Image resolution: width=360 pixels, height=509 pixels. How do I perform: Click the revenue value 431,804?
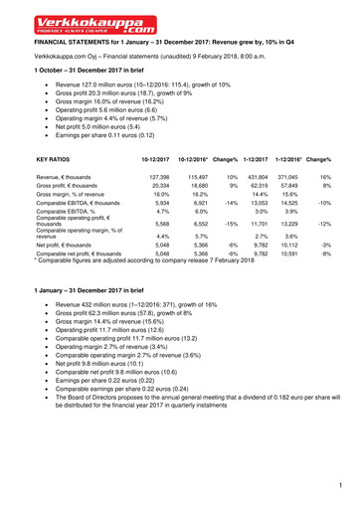coord(257,176)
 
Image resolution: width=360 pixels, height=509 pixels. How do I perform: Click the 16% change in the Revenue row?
coord(325,176)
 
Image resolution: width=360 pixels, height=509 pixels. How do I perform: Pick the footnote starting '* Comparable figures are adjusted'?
coord(145,260)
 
